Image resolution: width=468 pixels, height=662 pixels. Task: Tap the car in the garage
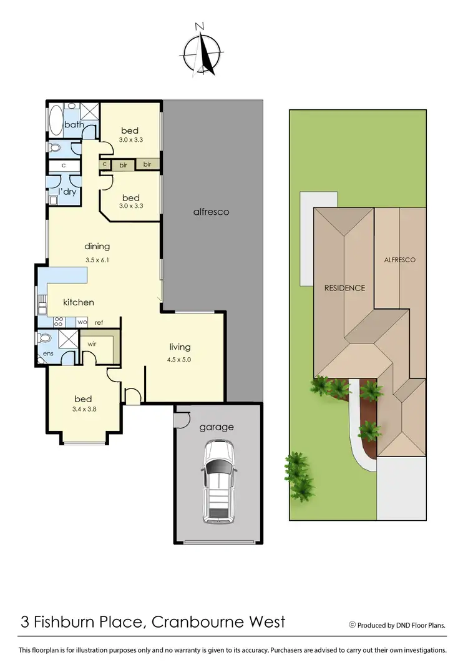point(218,482)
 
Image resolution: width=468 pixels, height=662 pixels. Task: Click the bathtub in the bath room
point(56,121)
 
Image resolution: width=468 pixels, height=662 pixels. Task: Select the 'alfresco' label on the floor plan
point(211,212)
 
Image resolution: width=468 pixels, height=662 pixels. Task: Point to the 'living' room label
point(180,347)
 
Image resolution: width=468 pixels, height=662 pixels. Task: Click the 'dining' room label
point(97,247)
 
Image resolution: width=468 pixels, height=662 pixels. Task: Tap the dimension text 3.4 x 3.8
point(84,411)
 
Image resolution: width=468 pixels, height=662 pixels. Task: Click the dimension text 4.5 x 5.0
point(180,359)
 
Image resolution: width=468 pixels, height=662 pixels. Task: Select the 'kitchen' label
point(79,302)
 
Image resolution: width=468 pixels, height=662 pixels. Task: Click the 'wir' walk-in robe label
point(91,343)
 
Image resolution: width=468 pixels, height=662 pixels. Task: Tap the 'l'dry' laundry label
point(67,192)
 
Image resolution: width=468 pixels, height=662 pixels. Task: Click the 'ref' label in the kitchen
point(99,322)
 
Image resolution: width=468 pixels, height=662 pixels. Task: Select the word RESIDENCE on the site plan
point(344,288)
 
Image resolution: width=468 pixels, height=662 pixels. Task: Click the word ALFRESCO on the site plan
point(399,260)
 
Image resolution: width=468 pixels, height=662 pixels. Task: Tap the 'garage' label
point(217,427)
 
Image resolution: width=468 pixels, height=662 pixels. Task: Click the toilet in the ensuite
point(44,338)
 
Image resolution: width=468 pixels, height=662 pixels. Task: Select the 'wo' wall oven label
point(81,322)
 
